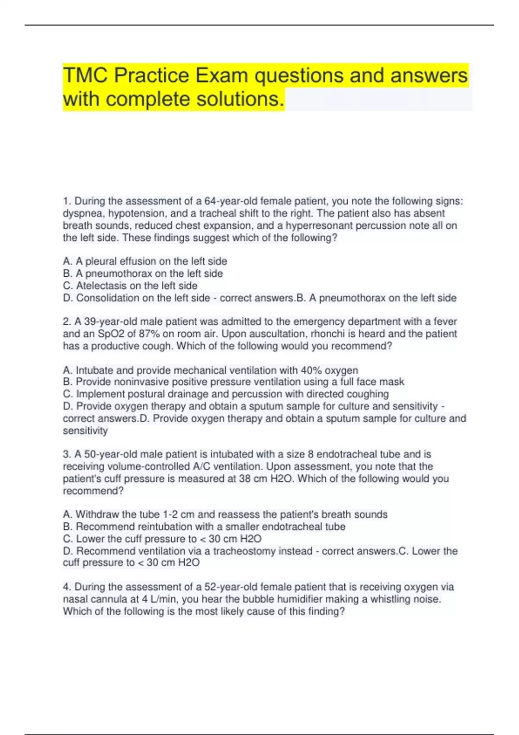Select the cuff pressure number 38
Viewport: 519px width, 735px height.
[x=245, y=479]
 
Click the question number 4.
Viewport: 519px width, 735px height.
[x=66, y=587]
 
